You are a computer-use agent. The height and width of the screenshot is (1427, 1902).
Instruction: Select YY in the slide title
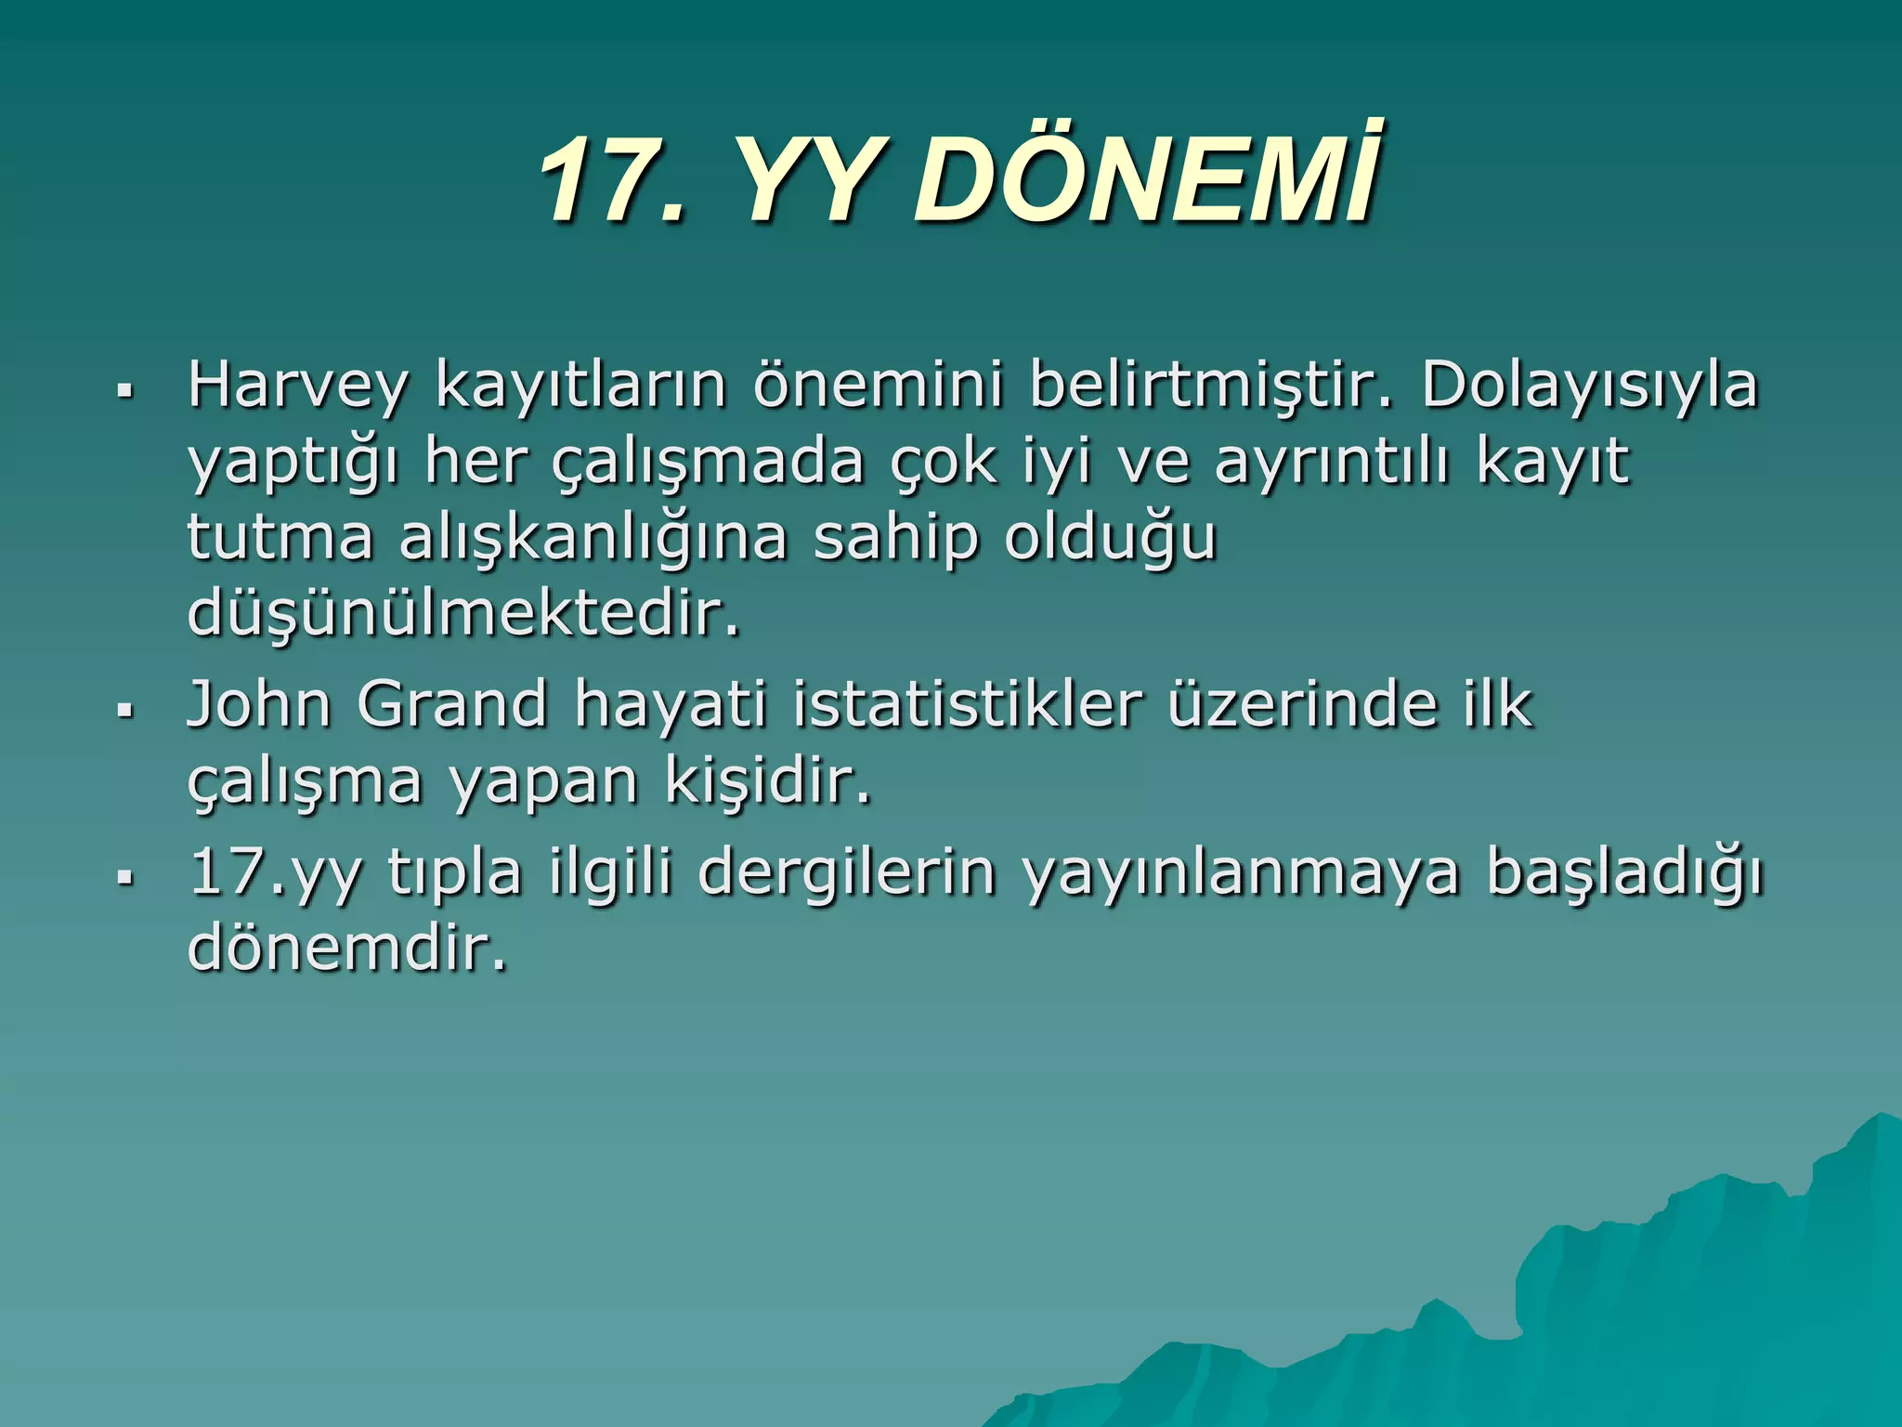804,178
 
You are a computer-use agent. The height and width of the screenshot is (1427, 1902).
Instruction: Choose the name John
259,704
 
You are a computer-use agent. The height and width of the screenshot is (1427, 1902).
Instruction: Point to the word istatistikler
967,704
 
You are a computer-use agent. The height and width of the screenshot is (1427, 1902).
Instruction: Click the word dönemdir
348,949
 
